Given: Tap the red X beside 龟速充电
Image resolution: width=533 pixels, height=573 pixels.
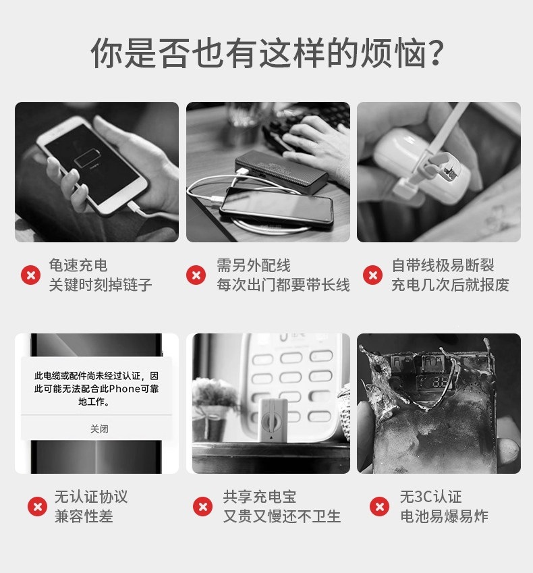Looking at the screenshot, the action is (30, 275).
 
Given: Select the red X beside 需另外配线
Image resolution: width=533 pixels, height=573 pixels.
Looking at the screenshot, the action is (196, 275).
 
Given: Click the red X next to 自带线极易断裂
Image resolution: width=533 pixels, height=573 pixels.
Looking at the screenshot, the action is (372, 275).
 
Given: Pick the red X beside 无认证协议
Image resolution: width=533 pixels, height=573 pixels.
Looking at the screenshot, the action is (37, 506).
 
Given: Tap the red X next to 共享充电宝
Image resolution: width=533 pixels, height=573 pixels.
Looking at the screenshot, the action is (203, 506).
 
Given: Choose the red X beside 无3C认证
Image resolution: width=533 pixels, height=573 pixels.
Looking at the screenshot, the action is (380, 506).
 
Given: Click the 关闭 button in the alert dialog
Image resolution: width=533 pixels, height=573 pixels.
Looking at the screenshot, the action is (99, 429).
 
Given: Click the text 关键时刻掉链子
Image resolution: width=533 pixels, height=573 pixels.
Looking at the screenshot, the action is (101, 285).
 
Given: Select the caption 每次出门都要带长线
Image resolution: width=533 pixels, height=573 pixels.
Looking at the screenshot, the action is (283, 285).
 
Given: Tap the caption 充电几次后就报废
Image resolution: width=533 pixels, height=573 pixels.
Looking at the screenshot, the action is (450, 285).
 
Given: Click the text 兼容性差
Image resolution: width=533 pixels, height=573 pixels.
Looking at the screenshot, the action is (84, 516).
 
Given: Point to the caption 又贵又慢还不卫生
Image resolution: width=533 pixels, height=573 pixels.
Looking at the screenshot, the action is (282, 516).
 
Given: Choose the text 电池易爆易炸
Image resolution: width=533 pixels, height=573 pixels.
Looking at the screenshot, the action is (444, 516).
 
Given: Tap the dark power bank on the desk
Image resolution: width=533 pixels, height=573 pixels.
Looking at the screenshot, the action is (281, 173).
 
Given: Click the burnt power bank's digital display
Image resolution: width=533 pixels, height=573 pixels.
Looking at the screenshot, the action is (438, 382).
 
